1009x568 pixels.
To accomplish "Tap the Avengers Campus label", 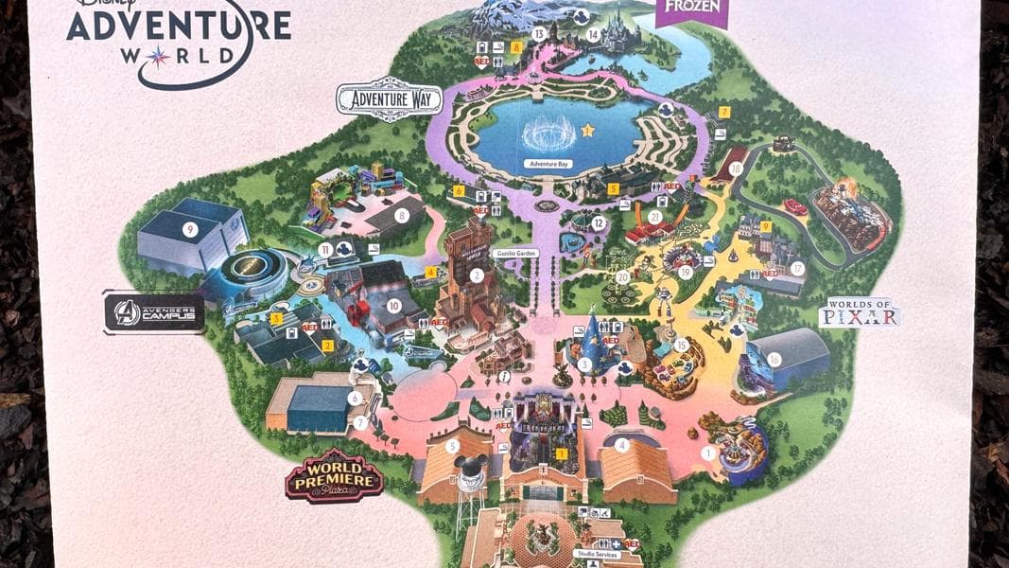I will tap(153, 313).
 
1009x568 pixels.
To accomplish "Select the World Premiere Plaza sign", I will tap(335, 476).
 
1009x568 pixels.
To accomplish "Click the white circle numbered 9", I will tap(190, 228).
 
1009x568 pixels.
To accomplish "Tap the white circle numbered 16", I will tap(774, 359).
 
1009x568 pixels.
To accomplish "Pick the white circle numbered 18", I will tap(736, 168).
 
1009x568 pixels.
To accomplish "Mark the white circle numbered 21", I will tap(654, 217).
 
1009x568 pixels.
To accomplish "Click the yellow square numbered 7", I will tap(723, 112).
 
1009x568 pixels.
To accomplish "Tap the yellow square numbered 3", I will tap(277, 319).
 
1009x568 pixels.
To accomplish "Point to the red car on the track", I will tap(794, 206).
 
